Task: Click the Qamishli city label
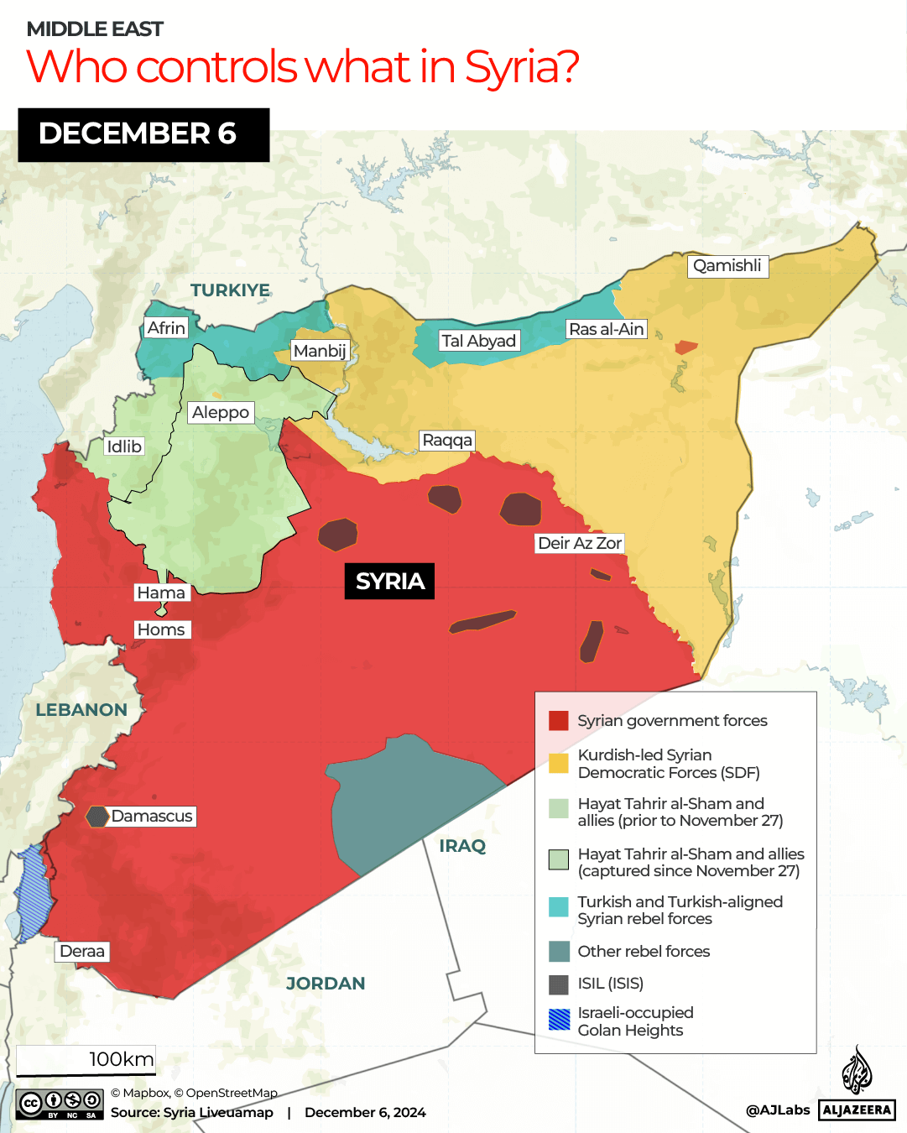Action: coord(727,266)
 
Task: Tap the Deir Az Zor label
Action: coord(580,543)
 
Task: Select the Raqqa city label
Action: coord(447,441)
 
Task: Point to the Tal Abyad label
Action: coord(478,341)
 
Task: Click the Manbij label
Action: coord(320,351)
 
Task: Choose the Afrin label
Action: coord(166,328)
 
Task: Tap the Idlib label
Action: coord(124,446)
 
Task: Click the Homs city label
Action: coord(161,629)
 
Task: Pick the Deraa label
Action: coord(82,951)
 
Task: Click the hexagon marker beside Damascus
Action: coord(97,816)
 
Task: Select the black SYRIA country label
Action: coord(389,581)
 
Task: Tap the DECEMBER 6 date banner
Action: coord(143,134)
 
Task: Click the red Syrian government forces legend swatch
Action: coord(559,721)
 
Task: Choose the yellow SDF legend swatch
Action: coord(559,763)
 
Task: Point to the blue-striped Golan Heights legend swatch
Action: coord(559,1020)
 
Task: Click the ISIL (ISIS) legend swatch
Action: coord(559,984)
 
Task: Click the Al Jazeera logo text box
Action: coord(857,1110)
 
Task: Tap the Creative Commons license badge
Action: coord(60,1104)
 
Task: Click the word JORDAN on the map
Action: coord(326,984)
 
